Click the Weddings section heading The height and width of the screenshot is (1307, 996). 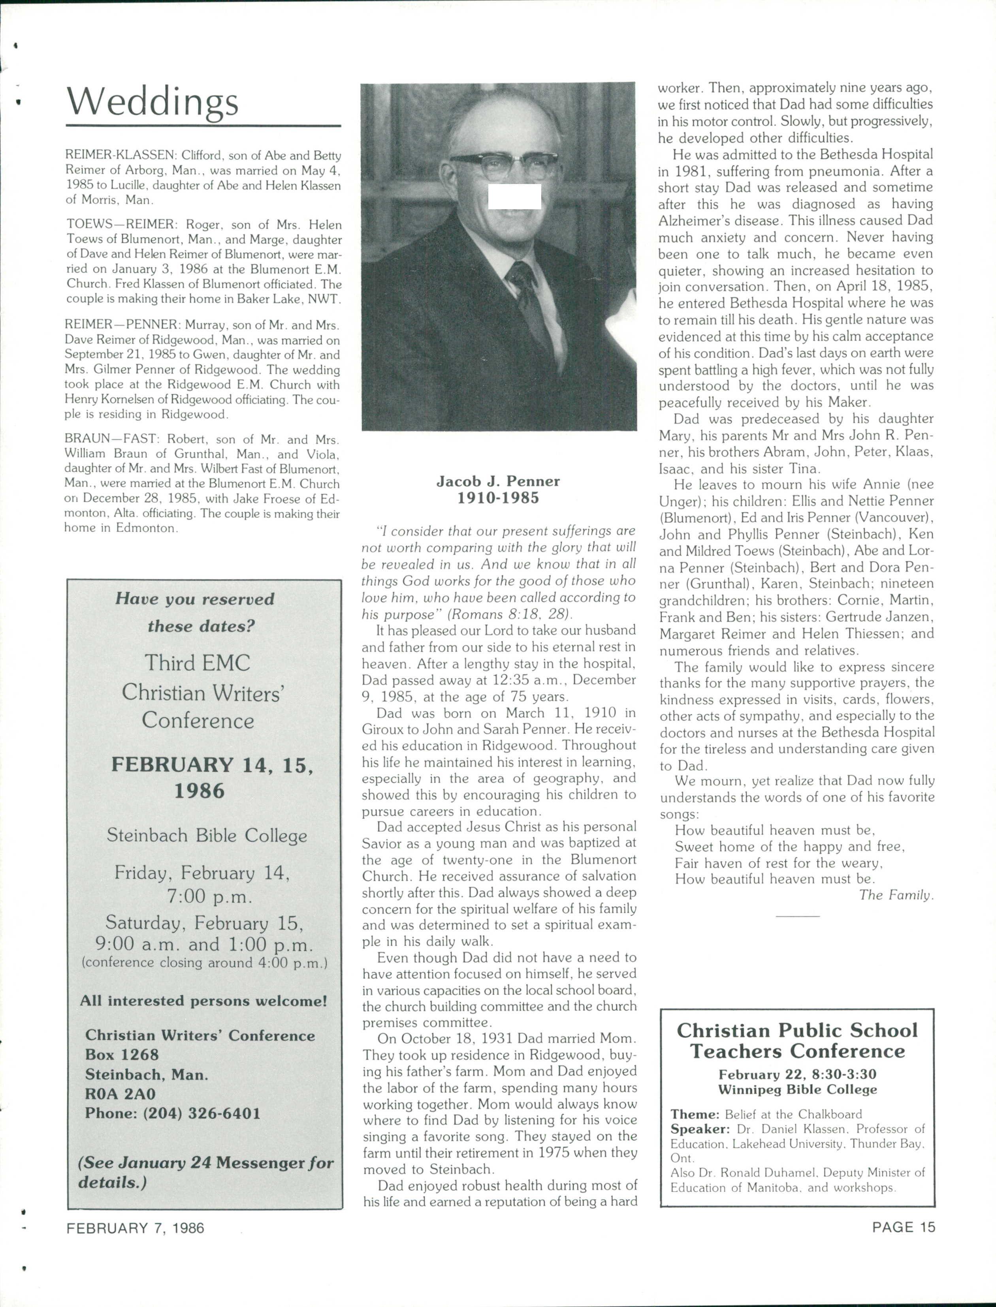153,102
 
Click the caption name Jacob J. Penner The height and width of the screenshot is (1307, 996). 498,481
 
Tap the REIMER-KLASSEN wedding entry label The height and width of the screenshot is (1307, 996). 120,155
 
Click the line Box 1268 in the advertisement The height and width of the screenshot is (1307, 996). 122,1055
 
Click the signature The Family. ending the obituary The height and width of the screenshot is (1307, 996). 896,895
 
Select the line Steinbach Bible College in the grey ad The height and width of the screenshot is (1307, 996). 206,836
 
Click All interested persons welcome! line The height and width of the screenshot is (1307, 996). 203,1001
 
